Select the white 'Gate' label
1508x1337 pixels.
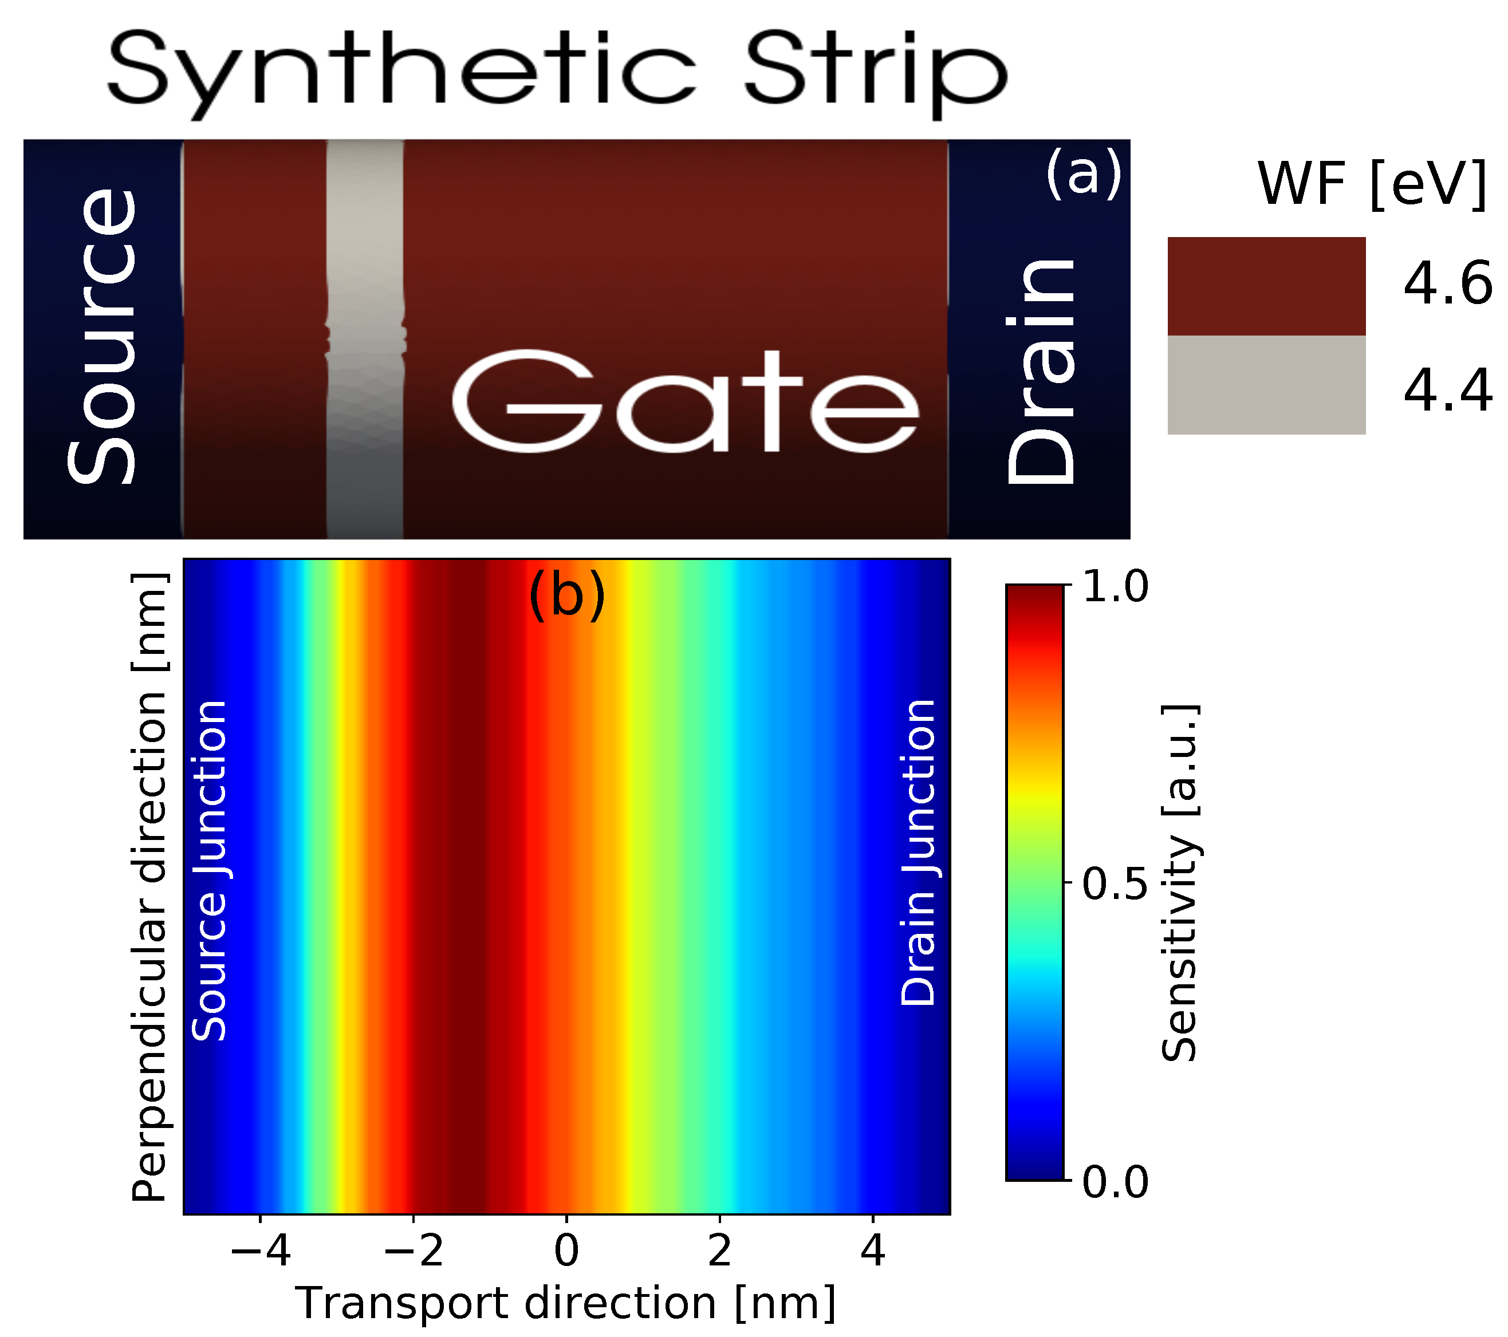(686, 402)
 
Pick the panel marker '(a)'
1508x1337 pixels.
(1082, 174)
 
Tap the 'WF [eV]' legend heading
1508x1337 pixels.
(1372, 184)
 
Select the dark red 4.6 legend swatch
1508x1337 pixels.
(1266, 286)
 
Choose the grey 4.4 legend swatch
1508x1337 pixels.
(1266, 385)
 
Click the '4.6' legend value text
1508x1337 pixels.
(1447, 285)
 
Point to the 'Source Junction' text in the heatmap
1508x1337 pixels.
(210, 871)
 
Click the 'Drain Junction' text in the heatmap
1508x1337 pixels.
(919, 853)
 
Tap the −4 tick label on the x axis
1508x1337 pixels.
(261, 1252)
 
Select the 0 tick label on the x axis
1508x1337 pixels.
(566, 1252)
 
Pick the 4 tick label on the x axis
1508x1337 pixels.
(873, 1252)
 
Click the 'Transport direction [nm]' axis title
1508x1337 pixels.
(566, 1304)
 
